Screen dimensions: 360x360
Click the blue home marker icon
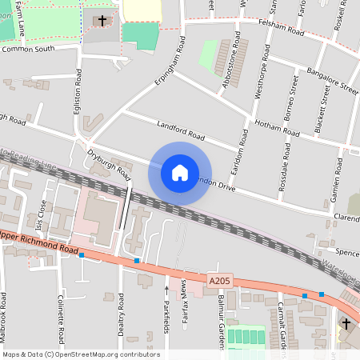[x=180, y=173]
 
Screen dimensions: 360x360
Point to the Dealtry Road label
[x=121, y=311]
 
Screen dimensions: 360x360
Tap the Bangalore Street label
[x=330, y=82]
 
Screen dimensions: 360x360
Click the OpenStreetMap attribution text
[x=80, y=354]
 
